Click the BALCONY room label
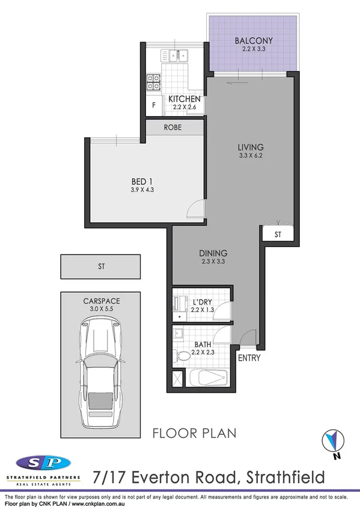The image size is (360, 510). pyautogui.click(x=253, y=41)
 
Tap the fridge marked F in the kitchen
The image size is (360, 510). pyautogui.click(x=154, y=105)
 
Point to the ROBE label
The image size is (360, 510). pyautogui.click(x=172, y=128)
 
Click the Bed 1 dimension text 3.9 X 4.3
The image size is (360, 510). pyautogui.click(x=143, y=190)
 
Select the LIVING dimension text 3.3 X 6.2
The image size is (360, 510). pyautogui.click(x=250, y=156)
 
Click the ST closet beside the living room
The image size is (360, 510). pyautogui.click(x=278, y=233)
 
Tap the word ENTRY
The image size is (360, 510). pyautogui.click(x=249, y=358)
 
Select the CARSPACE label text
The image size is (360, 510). pyautogui.click(x=100, y=302)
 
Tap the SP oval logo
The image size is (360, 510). pyautogui.click(x=43, y=463)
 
